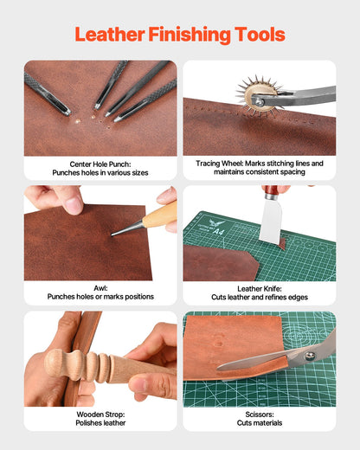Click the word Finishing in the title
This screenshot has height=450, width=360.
pos(190,35)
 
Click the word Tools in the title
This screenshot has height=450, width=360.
pos(260,35)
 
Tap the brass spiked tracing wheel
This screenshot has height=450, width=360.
pos(258,97)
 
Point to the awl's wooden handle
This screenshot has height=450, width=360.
pos(160,215)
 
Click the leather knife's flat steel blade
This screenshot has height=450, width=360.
pos(271,222)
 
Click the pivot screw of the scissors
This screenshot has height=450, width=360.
pos(310,356)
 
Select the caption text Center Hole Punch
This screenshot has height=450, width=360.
pos(100,164)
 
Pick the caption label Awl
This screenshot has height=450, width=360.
pos(100,288)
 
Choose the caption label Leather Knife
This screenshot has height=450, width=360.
pos(260,288)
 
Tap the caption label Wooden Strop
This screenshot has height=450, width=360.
pos(100,415)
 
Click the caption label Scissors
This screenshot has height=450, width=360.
pos(260,415)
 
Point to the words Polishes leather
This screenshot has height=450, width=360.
pos(100,423)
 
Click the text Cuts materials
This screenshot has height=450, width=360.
pos(260,423)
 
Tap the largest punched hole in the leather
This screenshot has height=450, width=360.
pos(77,121)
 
